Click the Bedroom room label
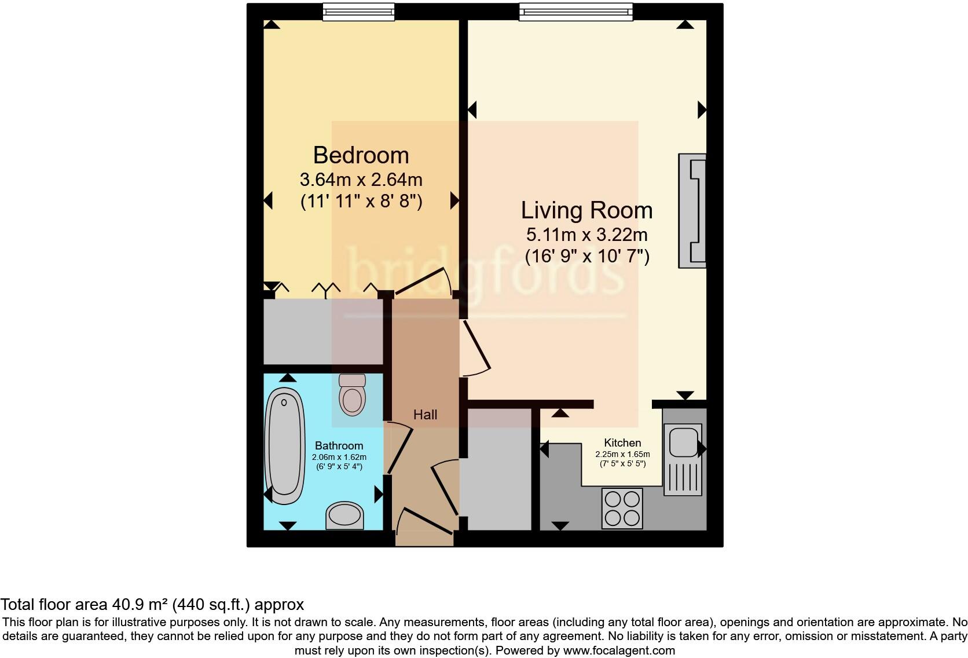(x=361, y=155)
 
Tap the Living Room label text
(x=586, y=210)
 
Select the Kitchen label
(x=622, y=443)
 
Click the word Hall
(x=425, y=415)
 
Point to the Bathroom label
(x=339, y=445)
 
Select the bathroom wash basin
(x=344, y=516)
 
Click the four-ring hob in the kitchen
(x=622, y=508)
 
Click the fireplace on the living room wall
(x=693, y=211)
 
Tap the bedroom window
(x=358, y=11)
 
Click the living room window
(x=575, y=11)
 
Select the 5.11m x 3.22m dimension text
(x=586, y=235)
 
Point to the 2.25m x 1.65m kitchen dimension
(x=622, y=454)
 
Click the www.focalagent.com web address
(x=618, y=650)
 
